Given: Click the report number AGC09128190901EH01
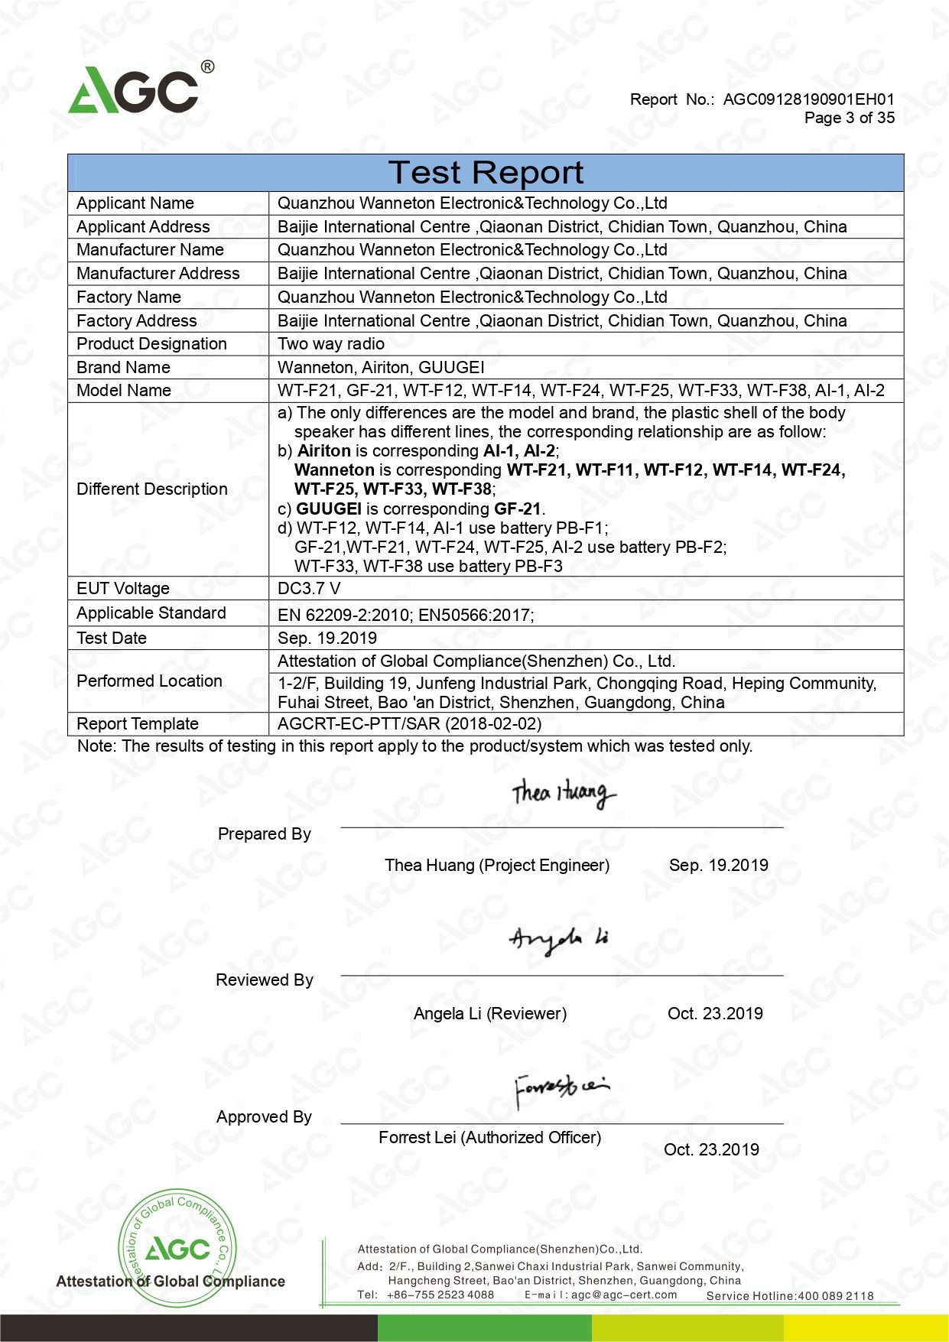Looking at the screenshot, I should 808,99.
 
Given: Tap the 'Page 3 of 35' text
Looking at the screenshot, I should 849,118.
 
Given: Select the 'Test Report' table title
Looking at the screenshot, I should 486,173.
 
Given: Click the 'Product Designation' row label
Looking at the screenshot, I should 151,344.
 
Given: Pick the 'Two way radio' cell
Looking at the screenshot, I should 330,344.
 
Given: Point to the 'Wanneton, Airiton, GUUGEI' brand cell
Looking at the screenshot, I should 381,368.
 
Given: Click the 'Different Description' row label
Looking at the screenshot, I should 152,489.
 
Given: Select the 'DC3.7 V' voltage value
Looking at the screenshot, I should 309,589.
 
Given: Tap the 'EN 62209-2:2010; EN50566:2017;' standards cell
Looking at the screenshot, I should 405,615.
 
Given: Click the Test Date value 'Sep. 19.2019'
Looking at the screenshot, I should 327,639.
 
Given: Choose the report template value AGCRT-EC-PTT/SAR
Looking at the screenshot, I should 409,724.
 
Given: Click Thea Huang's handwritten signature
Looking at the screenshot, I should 564,793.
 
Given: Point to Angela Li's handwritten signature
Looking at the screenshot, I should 559,940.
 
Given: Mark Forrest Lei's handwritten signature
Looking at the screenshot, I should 561,1087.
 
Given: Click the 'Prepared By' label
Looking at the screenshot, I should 264,834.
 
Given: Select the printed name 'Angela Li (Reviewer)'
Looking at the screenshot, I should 489,1014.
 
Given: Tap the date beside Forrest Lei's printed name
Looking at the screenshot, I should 711,1150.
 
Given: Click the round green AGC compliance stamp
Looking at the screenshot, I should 177,1248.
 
